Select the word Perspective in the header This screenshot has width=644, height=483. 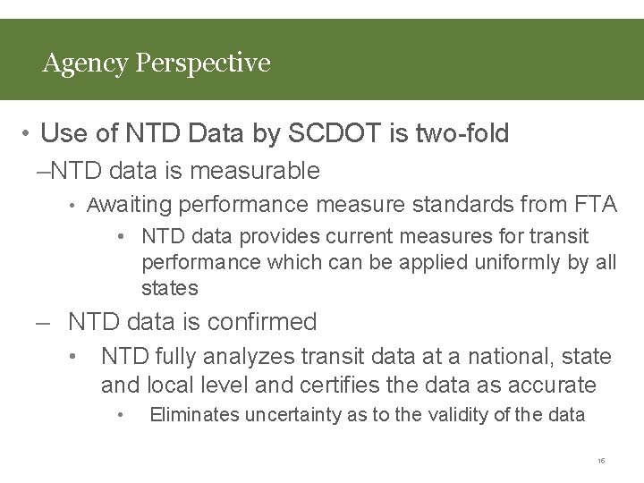(202, 64)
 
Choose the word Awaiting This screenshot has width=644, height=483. (129, 205)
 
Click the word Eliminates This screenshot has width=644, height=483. (193, 415)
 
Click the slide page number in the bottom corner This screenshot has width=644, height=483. (601, 461)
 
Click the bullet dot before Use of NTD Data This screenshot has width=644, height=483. (28, 135)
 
